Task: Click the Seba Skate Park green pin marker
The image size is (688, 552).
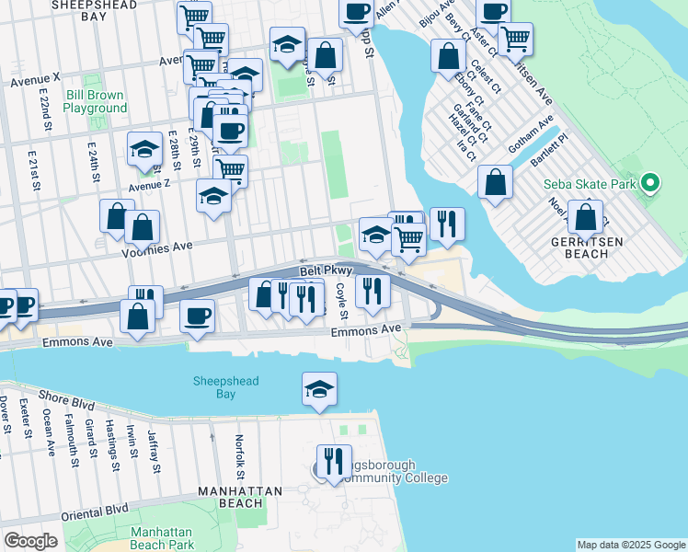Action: click(650, 183)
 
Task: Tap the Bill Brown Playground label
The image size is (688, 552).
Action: click(96, 101)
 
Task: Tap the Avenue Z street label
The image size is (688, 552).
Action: click(149, 185)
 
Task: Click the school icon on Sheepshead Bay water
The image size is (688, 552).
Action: click(319, 388)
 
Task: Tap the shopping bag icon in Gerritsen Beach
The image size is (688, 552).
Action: click(585, 217)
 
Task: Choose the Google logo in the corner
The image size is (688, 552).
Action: click(30, 541)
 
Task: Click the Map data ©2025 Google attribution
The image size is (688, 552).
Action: click(630, 545)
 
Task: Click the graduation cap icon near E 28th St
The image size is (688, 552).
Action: click(144, 151)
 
